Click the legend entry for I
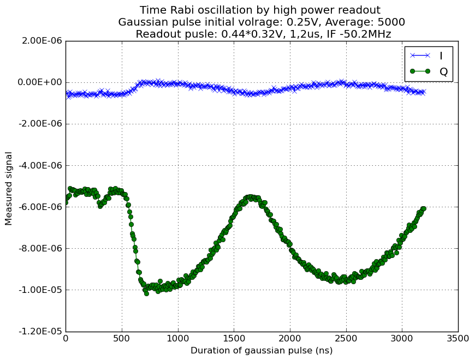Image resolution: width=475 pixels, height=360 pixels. [x=427, y=56]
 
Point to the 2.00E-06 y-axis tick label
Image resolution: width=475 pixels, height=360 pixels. [x=42, y=41]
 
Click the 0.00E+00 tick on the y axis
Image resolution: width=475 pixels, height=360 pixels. [x=40, y=82]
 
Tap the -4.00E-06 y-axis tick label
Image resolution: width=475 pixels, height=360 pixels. [x=40, y=165]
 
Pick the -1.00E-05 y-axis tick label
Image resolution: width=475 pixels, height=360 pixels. [x=40, y=290]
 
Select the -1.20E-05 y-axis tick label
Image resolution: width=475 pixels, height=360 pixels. [x=40, y=331]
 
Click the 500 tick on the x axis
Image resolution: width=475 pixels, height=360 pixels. [x=122, y=338]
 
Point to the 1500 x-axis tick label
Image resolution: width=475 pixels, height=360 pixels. [x=234, y=338]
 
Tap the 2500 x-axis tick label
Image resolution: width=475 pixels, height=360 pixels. [x=346, y=338]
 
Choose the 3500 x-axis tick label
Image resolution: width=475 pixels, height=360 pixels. [x=458, y=338]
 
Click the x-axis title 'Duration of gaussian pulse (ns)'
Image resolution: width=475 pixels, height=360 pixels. [x=262, y=351]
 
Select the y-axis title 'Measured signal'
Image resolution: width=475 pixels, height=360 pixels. [x=9, y=189]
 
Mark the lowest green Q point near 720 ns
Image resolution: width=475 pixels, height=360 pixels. [x=147, y=293]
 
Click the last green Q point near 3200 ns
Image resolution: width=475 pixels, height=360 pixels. [x=424, y=208]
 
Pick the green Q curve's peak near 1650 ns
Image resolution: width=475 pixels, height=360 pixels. [x=251, y=197]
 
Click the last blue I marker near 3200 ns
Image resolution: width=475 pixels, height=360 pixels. [x=424, y=92]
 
